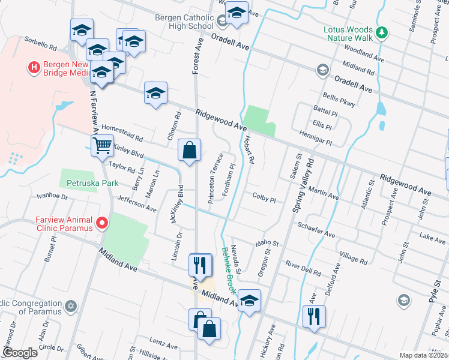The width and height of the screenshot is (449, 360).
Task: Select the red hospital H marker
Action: pyautogui.click(x=34, y=67)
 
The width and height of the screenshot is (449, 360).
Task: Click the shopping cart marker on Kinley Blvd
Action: pyautogui.click(x=102, y=145)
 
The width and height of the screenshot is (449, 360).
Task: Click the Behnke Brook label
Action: pyautogui.click(x=228, y=270)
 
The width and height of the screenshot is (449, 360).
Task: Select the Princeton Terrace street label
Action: pyautogui.click(x=215, y=178)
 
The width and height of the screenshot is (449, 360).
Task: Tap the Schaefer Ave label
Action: pyautogui.click(x=316, y=229)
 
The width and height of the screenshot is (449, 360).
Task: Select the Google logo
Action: pyautogui.click(x=20, y=353)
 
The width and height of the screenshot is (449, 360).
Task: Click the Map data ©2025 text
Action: pyautogui.click(x=423, y=355)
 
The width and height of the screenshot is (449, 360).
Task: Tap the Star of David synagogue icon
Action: pyautogui.click(x=71, y=307)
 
